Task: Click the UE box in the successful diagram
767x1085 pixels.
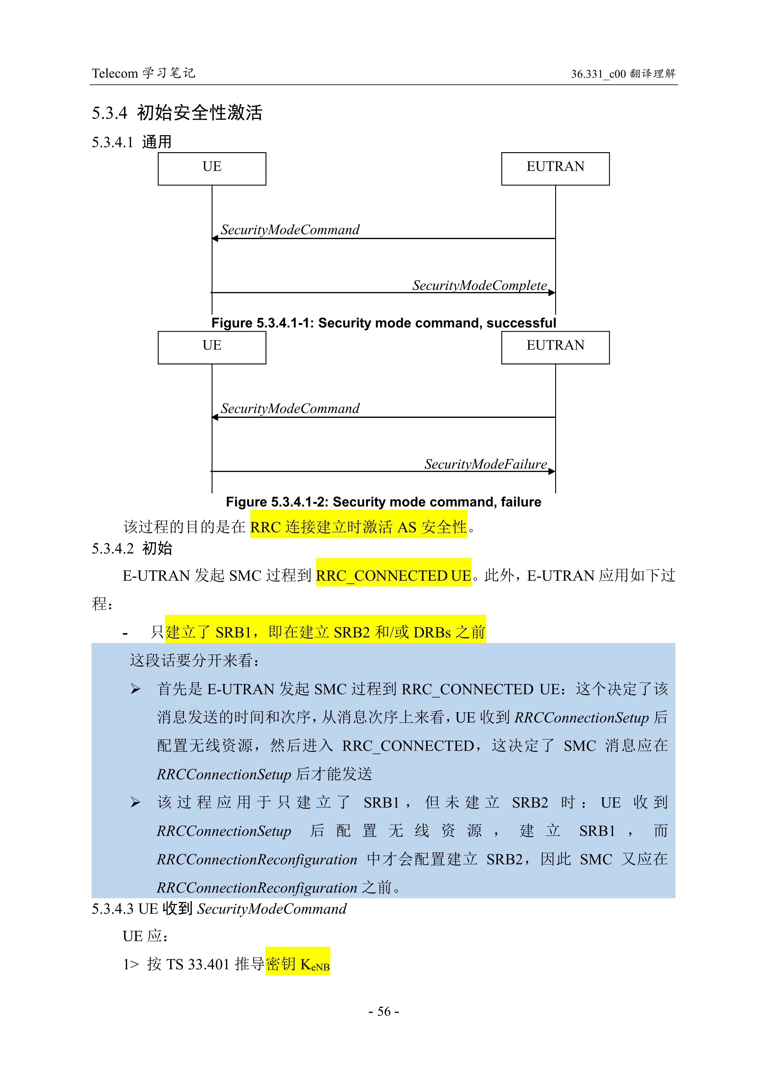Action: [x=212, y=169]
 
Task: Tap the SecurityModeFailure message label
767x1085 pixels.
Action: [x=485, y=464]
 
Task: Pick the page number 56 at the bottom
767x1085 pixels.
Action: [x=384, y=1011]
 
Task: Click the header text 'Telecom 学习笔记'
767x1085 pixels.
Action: [x=143, y=73]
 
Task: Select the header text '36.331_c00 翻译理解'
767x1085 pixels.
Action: [x=623, y=74]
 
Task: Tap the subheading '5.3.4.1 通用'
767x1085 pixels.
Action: [x=131, y=142]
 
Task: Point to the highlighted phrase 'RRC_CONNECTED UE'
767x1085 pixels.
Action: [x=393, y=576]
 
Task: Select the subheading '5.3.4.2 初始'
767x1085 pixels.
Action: [x=132, y=549]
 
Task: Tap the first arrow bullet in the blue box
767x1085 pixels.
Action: [x=136, y=689]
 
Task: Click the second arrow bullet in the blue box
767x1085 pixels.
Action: [x=136, y=802]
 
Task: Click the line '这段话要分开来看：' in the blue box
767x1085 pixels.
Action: [x=195, y=661]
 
